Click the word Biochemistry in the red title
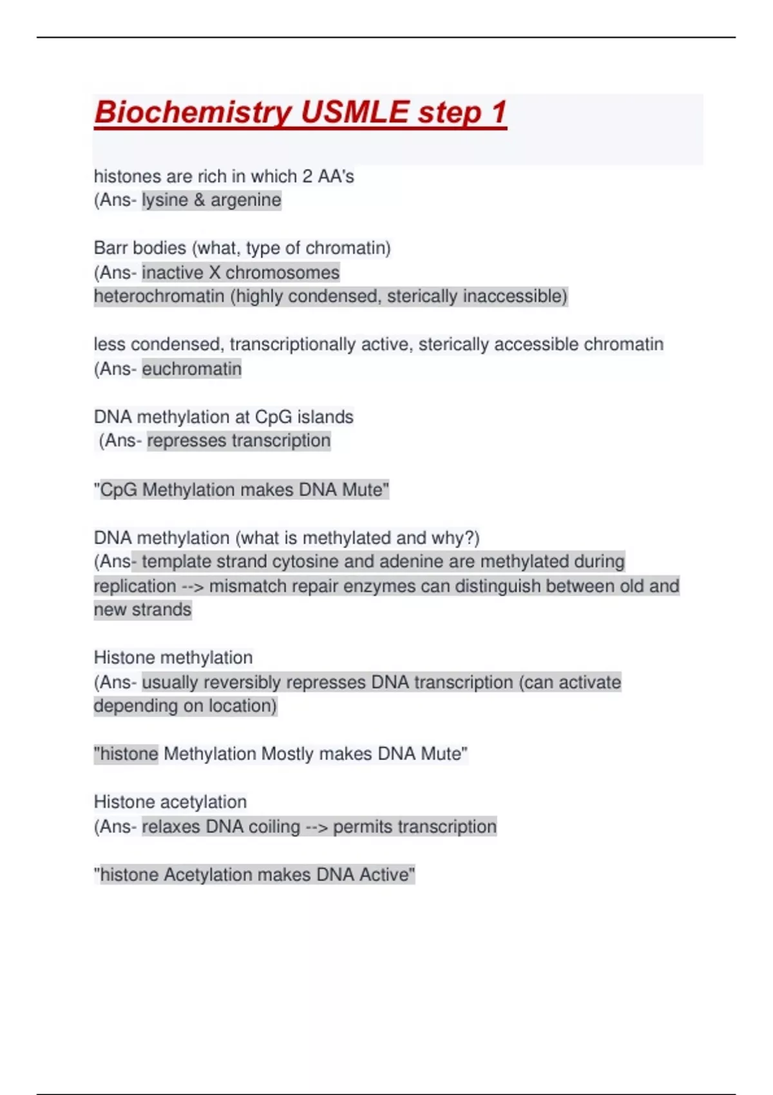[193, 113]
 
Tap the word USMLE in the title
[354, 113]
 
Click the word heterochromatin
[159, 296]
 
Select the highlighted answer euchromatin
[191, 369]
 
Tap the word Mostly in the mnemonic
[287, 754]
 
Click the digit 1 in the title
[499, 113]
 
